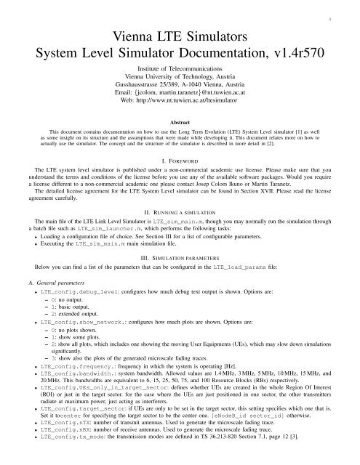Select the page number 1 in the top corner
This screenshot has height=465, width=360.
(351, 11)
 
